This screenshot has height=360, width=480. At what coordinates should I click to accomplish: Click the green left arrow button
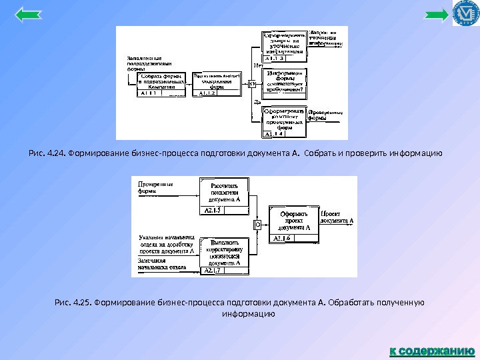click(27, 15)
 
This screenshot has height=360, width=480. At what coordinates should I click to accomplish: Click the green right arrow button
click(437, 15)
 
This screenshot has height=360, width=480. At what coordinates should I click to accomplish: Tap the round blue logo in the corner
click(466, 13)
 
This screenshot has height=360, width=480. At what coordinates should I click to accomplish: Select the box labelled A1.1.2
click(217, 84)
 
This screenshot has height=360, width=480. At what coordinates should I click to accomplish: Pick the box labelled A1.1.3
click(285, 45)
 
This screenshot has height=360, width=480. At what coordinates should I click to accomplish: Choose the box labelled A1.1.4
click(285, 121)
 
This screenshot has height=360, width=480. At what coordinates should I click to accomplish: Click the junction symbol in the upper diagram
click(252, 84)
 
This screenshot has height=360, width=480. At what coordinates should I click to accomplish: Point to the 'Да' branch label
click(257, 103)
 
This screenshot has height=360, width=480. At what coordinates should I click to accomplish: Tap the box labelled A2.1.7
click(224, 257)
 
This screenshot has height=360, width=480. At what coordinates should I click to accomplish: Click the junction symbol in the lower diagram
click(257, 225)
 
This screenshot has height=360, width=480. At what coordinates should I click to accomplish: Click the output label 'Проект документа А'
click(337, 217)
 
